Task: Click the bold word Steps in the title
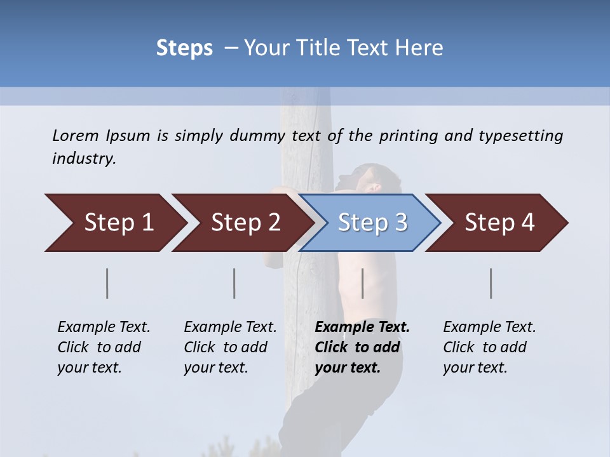point(184,48)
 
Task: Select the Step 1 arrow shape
point(114,223)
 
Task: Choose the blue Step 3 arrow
point(372,223)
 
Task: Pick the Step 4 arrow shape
point(499,223)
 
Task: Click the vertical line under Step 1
point(107,283)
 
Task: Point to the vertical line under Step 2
point(234,283)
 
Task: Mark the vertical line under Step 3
point(362,283)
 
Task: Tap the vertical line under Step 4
point(491,283)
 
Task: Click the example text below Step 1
point(104,347)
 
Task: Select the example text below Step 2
point(230,347)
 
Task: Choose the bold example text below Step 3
point(362,347)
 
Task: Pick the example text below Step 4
point(489,347)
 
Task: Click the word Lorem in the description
point(76,135)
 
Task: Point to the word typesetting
point(520,136)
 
